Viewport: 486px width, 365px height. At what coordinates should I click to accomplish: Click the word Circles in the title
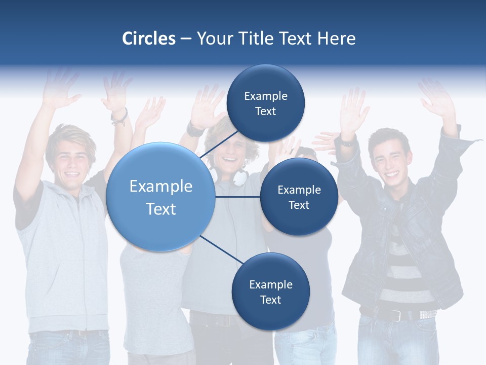pyautogui.click(x=149, y=39)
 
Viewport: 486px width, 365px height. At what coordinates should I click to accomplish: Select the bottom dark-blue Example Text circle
pyautogui.click(x=270, y=291)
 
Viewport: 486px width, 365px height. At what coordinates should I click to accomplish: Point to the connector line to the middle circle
pyautogui.click(x=238, y=197)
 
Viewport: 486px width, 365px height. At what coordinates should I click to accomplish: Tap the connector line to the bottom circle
pyautogui.click(x=222, y=250)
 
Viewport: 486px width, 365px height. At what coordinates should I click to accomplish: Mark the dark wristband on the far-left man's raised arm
pyautogui.click(x=119, y=117)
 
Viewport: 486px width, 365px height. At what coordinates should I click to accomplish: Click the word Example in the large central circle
pyautogui.click(x=160, y=187)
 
